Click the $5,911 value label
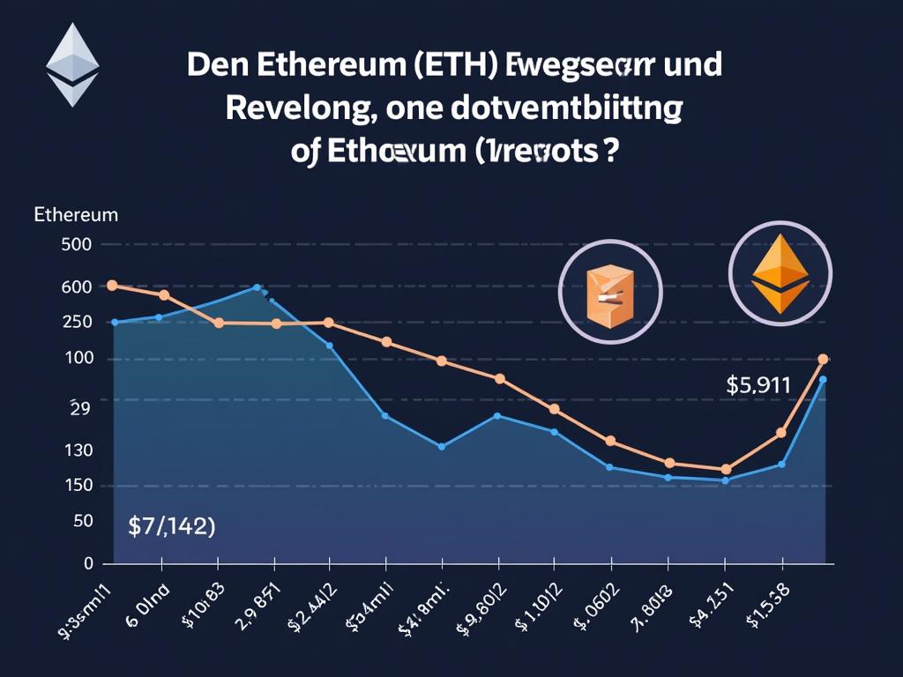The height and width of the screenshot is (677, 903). (x=758, y=385)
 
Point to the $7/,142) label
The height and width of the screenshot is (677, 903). (x=172, y=526)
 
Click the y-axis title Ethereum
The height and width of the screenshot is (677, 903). (x=76, y=214)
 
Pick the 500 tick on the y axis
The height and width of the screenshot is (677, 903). (x=75, y=244)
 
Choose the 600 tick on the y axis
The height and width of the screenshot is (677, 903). (x=75, y=286)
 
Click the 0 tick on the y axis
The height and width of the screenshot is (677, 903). (x=88, y=562)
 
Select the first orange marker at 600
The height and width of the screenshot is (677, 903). (x=112, y=286)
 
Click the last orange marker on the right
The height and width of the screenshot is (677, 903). (x=823, y=359)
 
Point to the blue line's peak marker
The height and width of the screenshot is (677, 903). (x=257, y=287)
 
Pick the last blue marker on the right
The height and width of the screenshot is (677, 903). (x=823, y=380)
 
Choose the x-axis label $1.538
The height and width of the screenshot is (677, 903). (x=769, y=608)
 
